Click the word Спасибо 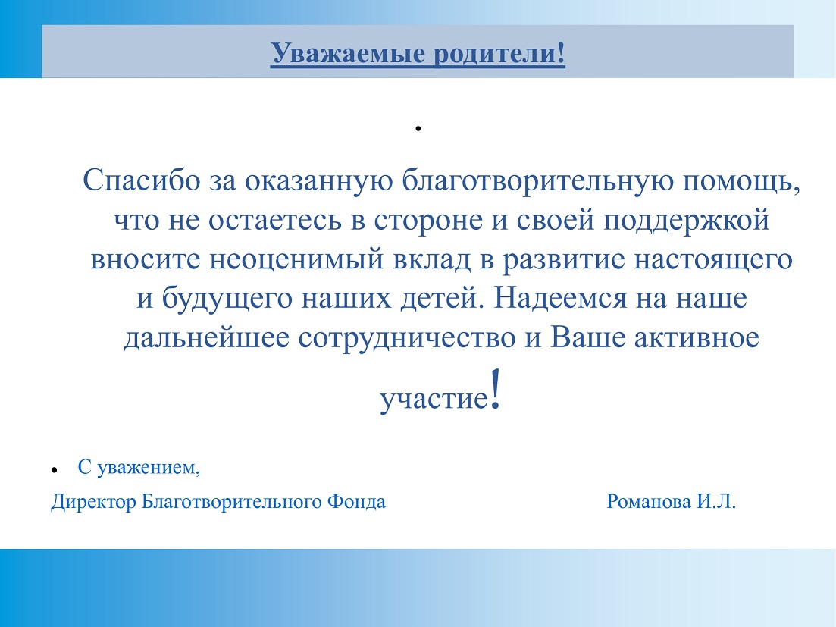[x=141, y=180]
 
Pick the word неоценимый [x=296, y=259]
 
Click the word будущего [x=227, y=299]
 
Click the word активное [x=697, y=338]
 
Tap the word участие [x=434, y=399]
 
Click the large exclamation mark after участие [x=495, y=389]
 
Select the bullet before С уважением [x=54, y=470]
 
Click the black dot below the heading [x=418, y=128]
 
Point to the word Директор [x=93, y=502]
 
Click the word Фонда [x=356, y=501]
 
